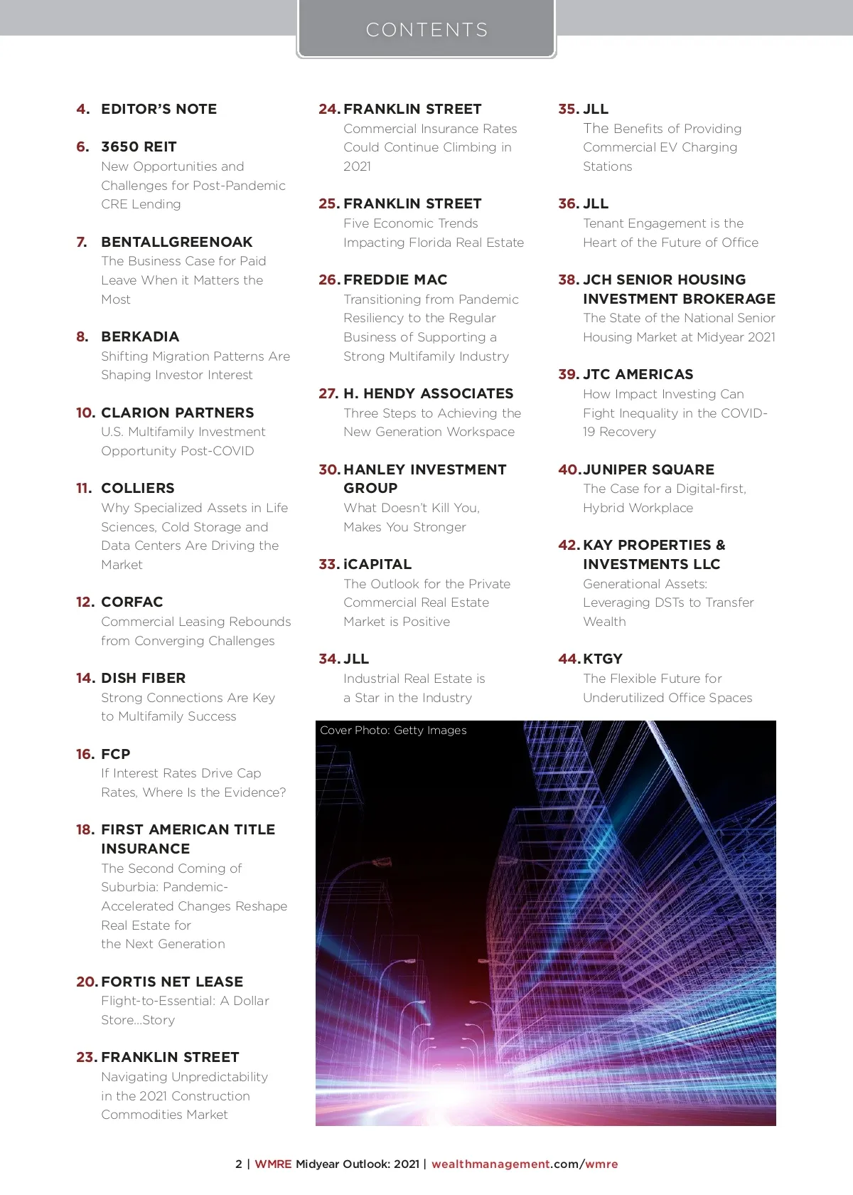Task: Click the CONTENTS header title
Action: [x=426, y=30]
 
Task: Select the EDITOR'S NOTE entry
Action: [x=159, y=110]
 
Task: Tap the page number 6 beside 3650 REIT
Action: [x=82, y=147]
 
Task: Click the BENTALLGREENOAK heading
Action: [x=176, y=242]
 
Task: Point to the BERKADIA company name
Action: [x=140, y=336]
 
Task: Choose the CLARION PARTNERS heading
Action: [x=177, y=413]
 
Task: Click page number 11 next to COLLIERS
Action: [x=84, y=489]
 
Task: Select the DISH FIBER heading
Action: [x=143, y=678]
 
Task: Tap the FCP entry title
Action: [x=115, y=754]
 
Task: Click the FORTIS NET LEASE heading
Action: [x=172, y=982]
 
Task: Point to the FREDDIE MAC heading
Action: [x=395, y=280]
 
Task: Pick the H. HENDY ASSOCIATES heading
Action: [x=428, y=393]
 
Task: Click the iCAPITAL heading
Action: [x=377, y=564]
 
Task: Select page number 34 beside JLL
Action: [x=328, y=659]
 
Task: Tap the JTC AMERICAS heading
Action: [x=638, y=374]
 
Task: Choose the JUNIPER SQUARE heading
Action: [x=648, y=469]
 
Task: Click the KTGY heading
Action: [x=602, y=659]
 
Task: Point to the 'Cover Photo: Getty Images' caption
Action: [x=393, y=731]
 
